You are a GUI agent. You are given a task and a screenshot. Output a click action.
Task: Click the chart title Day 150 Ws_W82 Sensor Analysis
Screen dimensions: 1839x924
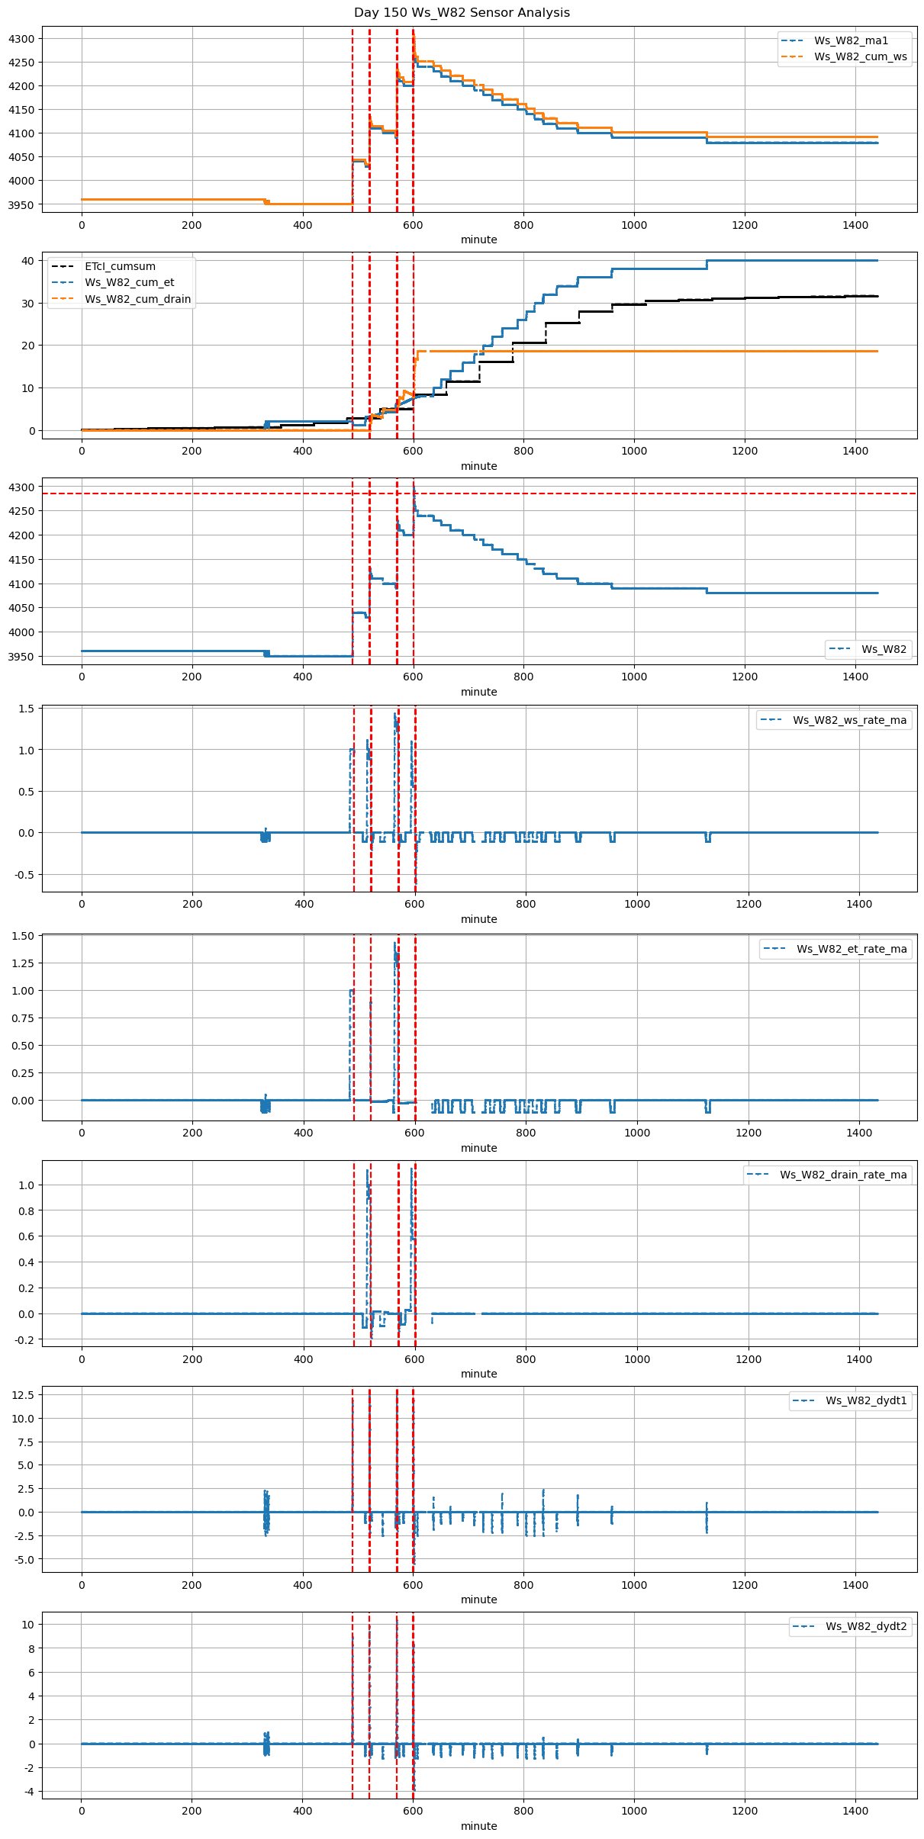point(462,13)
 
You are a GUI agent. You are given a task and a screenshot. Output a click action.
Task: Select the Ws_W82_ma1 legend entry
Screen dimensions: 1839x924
point(851,40)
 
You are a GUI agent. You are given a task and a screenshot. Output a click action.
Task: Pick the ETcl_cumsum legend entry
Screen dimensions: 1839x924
point(120,266)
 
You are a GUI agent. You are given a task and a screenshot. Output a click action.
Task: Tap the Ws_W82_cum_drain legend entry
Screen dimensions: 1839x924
point(137,299)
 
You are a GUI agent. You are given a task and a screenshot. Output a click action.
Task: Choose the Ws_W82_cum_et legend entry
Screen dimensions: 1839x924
point(129,282)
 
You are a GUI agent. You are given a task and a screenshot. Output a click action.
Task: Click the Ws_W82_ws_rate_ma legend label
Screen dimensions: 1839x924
point(849,720)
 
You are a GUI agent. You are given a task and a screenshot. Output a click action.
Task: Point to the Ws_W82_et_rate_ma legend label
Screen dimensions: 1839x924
point(852,949)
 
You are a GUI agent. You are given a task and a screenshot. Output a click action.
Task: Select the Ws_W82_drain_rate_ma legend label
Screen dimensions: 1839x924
point(843,1175)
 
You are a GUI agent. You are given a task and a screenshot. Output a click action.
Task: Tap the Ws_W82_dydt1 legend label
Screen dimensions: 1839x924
point(866,1400)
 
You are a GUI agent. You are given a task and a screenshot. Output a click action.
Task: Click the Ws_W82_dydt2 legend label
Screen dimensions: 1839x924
point(866,1626)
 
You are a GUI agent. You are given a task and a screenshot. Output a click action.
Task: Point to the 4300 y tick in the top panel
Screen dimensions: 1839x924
point(21,39)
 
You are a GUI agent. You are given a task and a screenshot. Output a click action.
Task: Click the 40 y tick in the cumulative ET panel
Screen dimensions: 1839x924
point(28,261)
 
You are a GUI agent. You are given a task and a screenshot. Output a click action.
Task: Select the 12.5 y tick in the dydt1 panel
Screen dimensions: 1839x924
point(24,1394)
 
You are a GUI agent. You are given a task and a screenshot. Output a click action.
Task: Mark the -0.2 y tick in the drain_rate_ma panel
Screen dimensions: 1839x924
point(24,1340)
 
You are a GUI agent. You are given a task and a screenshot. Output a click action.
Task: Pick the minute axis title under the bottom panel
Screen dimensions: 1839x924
point(478,1826)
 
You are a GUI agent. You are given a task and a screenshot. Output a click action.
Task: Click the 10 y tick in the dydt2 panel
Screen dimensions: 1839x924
point(28,1625)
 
